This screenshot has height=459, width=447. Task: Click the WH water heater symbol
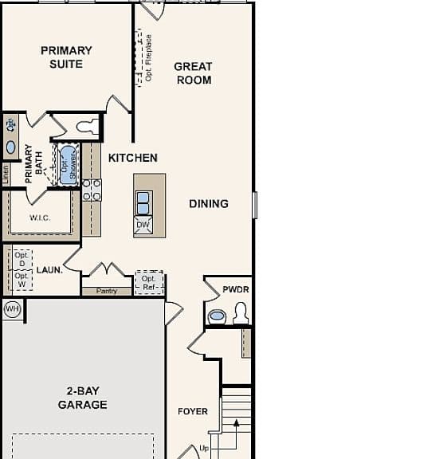click(x=12, y=309)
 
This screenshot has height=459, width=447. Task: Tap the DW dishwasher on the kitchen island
click(x=143, y=225)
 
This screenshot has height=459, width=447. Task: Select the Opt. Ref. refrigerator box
click(x=149, y=283)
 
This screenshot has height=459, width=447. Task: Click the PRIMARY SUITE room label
click(x=66, y=57)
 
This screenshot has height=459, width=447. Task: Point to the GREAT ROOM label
click(x=193, y=73)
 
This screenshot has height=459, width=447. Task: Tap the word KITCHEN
click(x=133, y=158)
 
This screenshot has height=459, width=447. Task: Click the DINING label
click(x=209, y=204)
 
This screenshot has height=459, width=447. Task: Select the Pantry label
click(x=107, y=291)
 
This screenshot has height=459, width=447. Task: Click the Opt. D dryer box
click(x=22, y=259)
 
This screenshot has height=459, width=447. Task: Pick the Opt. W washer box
click(x=22, y=280)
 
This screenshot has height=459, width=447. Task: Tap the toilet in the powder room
click(x=241, y=313)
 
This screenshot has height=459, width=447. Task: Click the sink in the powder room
click(x=217, y=316)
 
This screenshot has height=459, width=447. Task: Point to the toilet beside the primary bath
click(x=88, y=127)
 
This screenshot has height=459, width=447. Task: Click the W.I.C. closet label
click(x=40, y=218)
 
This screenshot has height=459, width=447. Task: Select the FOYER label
click(x=193, y=411)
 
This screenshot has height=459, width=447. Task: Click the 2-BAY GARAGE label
click(x=83, y=398)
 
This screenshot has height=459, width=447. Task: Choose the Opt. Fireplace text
click(x=149, y=58)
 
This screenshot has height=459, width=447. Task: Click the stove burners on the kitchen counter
click(x=92, y=190)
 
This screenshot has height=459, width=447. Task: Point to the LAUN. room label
click(x=49, y=270)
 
